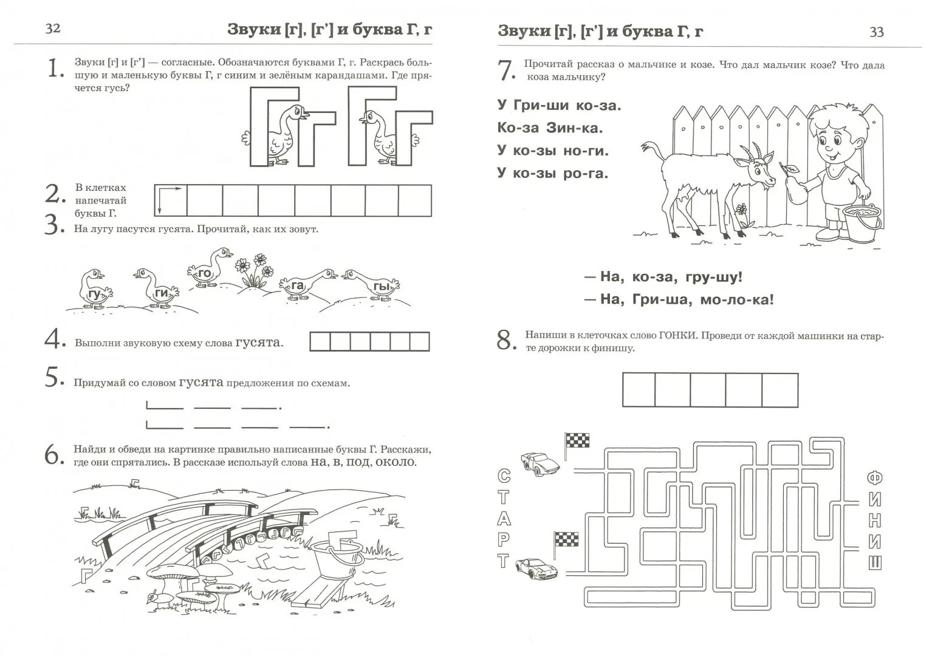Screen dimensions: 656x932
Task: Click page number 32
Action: (53, 29)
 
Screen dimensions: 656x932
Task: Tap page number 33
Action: (876, 32)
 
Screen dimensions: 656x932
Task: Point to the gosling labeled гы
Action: (374, 284)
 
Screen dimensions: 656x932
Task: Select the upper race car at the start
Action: (540, 464)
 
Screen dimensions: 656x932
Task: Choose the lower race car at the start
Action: (536, 568)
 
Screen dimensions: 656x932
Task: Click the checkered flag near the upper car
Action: (577, 441)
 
